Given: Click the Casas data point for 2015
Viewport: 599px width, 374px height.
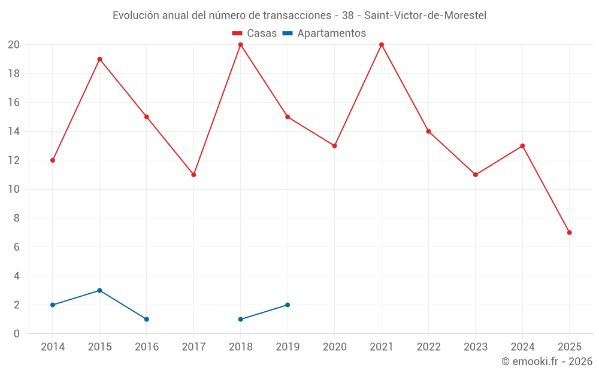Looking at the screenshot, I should point(99,59).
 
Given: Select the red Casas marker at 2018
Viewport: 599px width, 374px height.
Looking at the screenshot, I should point(241,45).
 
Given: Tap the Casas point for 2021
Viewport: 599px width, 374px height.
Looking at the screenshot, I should point(382,45).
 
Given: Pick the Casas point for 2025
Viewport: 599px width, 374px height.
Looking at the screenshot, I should point(570,233).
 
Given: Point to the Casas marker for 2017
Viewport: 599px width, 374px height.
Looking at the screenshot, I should point(193,175).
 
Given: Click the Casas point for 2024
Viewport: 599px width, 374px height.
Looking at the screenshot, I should point(522,146).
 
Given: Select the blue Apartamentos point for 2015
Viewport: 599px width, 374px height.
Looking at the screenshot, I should point(99,290).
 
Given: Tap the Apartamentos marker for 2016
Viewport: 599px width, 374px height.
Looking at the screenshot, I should point(147,320).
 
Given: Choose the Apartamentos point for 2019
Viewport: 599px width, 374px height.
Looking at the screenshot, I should point(288,305).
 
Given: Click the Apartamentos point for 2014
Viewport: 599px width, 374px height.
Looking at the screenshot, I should point(53,305).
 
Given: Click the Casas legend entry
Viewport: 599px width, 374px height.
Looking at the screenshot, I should point(255,34).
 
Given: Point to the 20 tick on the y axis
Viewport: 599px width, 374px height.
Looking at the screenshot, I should point(14,45).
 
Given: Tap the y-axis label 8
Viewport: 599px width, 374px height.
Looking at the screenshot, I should point(17,218).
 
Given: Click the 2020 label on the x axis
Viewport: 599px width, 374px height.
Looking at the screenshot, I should point(334,347).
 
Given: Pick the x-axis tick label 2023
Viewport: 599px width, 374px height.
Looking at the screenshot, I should point(476,347).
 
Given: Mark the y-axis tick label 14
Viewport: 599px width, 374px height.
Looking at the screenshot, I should point(14,132).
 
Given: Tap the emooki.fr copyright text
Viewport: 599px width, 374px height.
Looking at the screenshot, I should point(547,361).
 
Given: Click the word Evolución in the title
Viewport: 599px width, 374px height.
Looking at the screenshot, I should point(135,15).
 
